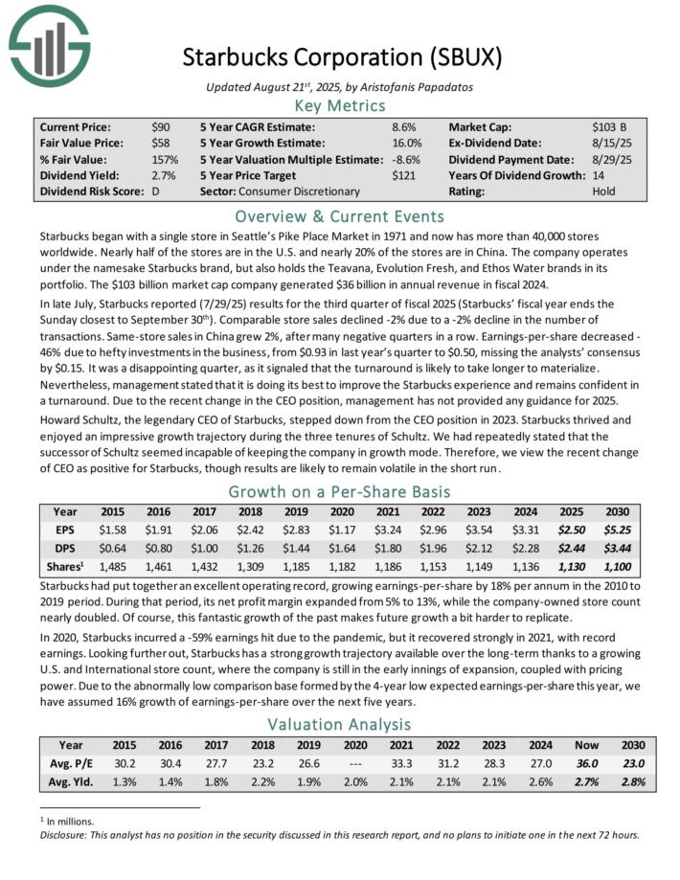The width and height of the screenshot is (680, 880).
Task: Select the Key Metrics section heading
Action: (x=339, y=105)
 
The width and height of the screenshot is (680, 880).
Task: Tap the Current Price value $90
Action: (x=160, y=126)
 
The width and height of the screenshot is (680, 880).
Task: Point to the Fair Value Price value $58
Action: (x=160, y=143)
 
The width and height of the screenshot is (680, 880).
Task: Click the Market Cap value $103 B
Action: (x=609, y=126)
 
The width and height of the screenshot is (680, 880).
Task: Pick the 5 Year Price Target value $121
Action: (x=404, y=175)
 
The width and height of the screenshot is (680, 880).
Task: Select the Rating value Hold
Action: (x=604, y=192)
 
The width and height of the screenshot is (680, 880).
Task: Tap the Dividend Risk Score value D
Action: (x=155, y=192)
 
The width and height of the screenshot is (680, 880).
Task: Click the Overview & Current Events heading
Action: (x=339, y=215)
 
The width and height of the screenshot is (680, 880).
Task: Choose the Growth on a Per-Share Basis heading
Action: (x=339, y=492)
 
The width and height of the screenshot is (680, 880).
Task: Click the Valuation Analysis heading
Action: (x=339, y=724)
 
